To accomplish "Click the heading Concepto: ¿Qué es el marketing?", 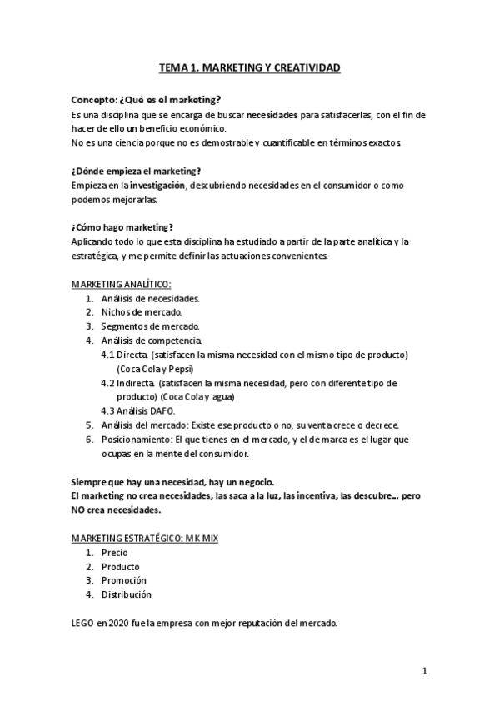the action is tap(146, 99).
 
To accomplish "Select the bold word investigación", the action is tap(157, 184).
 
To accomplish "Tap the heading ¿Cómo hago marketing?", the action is tap(122, 227).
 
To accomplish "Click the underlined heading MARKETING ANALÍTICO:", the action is tap(122, 285).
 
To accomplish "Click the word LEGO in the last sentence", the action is tap(82, 624).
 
